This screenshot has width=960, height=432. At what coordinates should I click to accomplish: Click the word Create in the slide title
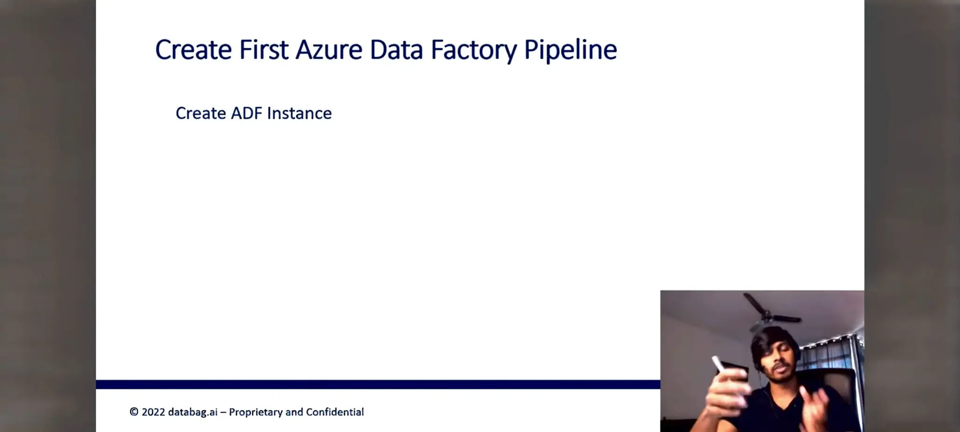(193, 50)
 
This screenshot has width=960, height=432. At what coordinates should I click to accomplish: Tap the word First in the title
(263, 50)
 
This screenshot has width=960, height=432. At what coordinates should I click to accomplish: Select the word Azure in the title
(329, 50)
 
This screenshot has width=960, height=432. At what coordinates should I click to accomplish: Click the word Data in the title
(396, 50)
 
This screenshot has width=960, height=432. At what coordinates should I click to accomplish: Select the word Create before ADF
(201, 113)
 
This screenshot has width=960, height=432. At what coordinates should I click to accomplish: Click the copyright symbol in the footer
(134, 412)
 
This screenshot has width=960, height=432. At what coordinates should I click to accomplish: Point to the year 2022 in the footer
(153, 412)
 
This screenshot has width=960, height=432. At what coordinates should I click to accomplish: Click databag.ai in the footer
(193, 412)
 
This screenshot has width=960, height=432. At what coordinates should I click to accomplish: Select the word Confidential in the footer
(335, 412)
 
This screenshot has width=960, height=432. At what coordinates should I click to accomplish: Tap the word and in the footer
(294, 412)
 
